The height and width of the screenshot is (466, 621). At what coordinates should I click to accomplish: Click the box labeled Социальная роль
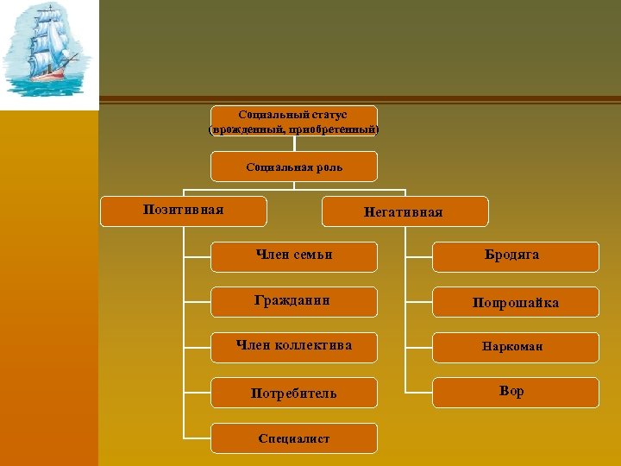[294, 167]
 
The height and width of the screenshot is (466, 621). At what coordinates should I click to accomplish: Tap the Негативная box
[404, 211]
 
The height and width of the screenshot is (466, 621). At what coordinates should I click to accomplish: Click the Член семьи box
[294, 256]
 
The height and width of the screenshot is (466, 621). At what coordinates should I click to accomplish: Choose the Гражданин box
[294, 301]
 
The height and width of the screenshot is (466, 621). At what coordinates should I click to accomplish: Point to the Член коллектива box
[294, 347]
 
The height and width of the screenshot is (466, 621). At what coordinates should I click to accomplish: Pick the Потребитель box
[294, 393]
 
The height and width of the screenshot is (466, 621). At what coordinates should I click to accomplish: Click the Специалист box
[294, 438]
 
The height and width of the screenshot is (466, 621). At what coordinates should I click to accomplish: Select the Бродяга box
[515, 256]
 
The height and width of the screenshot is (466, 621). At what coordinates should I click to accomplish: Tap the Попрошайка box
[515, 302]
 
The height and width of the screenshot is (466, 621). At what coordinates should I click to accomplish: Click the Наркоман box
[515, 347]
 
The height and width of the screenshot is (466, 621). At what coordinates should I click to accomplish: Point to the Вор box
[515, 392]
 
